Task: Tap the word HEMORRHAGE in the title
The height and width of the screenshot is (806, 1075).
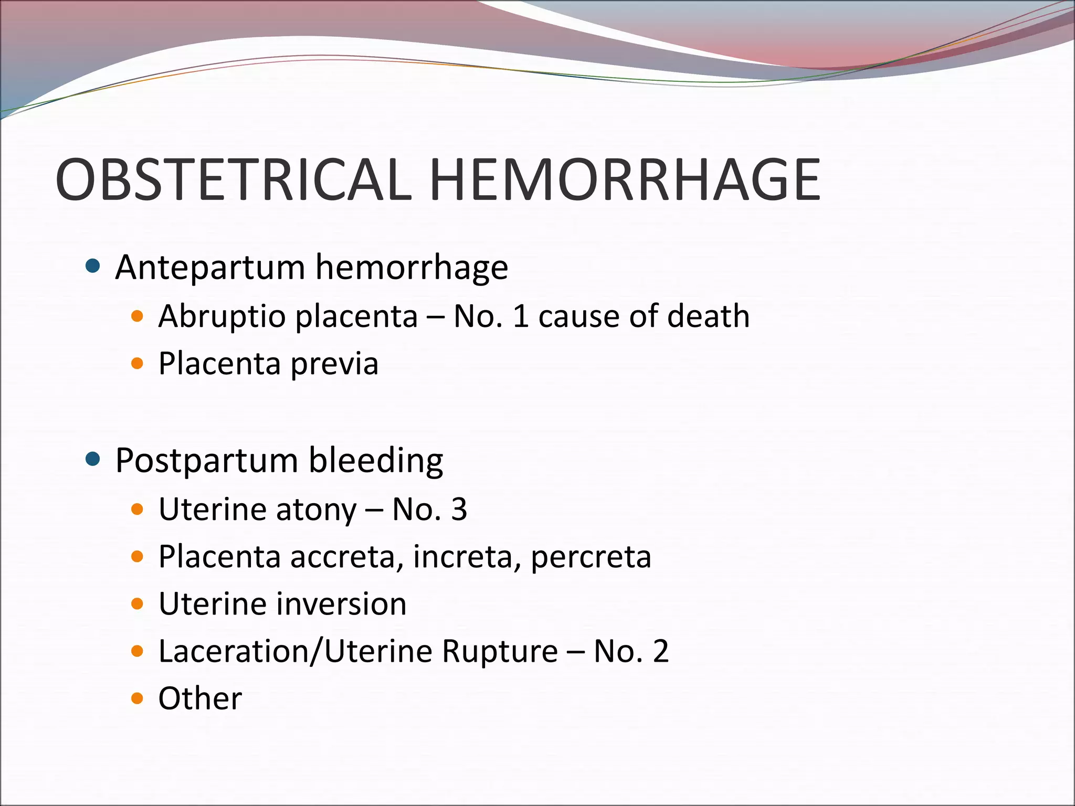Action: (x=625, y=180)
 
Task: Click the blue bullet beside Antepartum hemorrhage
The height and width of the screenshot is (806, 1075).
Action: (x=92, y=267)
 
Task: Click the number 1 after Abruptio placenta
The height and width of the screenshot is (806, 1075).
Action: (x=520, y=316)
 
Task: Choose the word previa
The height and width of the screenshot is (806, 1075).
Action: (x=334, y=364)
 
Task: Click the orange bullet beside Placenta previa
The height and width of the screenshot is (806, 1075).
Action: (x=137, y=364)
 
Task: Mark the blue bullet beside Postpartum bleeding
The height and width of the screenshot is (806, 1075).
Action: (x=92, y=460)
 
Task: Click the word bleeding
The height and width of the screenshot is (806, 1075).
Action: (x=376, y=461)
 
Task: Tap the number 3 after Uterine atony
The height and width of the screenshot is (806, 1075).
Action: (x=459, y=510)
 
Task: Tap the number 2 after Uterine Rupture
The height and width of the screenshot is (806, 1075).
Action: (x=660, y=651)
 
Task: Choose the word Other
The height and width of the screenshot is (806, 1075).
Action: (x=200, y=699)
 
